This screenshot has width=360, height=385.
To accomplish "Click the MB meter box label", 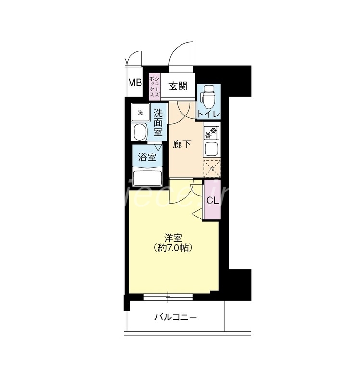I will click(x=135, y=82).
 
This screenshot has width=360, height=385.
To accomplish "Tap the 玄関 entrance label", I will click(x=178, y=86).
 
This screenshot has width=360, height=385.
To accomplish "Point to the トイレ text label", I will click(x=209, y=114).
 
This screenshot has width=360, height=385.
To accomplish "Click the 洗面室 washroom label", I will click(x=158, y=123).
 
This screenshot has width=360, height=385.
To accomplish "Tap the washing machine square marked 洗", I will click(x=141, y=112).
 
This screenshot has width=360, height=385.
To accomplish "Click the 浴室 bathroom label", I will click(x=147, y=157).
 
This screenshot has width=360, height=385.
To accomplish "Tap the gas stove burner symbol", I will click(x=212, y=131).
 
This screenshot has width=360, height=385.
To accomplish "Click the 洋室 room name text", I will click(x=173, y=237).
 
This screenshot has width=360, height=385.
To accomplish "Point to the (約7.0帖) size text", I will click(x=173, y=248).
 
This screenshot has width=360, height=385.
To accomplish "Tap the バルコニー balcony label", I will click(x=175, y=318).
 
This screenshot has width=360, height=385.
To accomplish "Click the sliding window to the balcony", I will click(x=168, y=296).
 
